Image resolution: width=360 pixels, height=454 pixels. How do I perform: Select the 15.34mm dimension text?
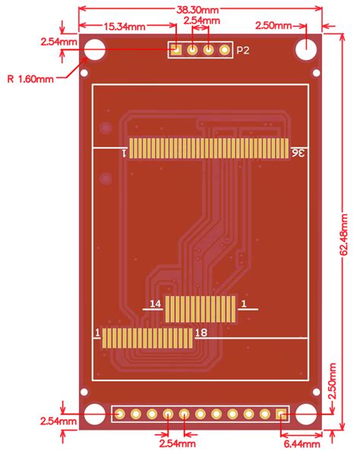(x=125, y=27)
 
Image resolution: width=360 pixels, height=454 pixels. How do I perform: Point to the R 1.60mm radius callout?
(x=30, y=77)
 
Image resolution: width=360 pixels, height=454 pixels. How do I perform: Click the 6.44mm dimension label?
(x=299, y=442)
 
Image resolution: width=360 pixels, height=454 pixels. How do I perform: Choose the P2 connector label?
(x=243, y=51)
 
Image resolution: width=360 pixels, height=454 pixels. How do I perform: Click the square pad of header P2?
(x=175, y=50)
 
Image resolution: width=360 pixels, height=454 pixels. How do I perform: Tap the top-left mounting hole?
(x=95, y=49)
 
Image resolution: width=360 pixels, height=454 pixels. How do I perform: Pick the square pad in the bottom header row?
(x=281, y=415)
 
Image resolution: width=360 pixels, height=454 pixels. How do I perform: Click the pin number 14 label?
(x=155, y=304)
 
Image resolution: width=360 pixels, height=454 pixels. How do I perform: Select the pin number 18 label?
(x=201, y=333)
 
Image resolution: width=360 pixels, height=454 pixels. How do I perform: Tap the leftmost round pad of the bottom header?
(x=120, y=415)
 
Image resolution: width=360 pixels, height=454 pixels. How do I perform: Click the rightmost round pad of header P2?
(x=225, y=50)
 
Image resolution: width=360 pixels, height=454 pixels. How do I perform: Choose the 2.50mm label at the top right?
(x=273, y=27)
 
